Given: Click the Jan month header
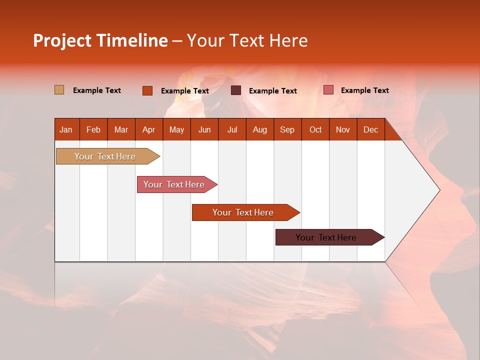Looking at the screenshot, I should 66,129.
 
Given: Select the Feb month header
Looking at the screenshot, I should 93,129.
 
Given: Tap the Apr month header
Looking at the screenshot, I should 148,129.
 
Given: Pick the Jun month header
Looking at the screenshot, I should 204,129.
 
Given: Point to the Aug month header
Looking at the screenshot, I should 259,129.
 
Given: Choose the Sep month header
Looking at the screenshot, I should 287,129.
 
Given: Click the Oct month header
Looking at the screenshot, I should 315,129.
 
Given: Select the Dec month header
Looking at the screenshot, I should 370,129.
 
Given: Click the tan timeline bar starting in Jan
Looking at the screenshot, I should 105,156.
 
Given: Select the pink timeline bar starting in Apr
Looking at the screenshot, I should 174,184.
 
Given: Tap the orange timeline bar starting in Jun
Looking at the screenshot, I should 243,212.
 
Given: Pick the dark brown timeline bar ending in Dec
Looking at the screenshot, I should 326,237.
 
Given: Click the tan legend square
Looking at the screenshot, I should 59,90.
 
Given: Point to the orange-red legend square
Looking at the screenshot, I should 147,90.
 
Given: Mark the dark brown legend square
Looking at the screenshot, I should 236,90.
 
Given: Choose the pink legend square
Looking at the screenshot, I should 328,90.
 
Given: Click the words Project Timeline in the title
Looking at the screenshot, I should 100,40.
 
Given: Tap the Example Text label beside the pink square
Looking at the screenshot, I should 364,90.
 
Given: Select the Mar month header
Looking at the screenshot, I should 121,129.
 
